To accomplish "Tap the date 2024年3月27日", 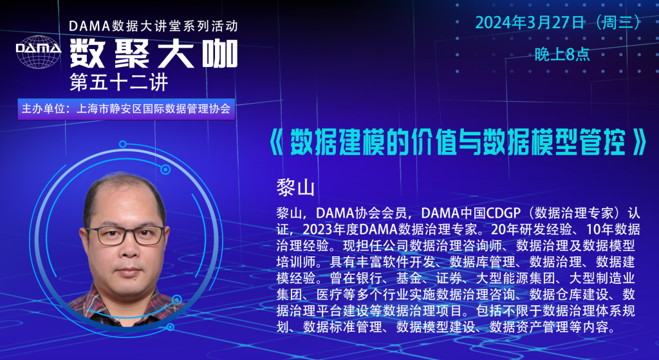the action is pos(530,23).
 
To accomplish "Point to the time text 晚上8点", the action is pos(562,54).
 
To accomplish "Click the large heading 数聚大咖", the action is pos(154,54).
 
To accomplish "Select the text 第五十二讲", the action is pos(119,82).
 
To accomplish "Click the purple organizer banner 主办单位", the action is pos(126,109).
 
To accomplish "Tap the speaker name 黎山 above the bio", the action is pos(295,187).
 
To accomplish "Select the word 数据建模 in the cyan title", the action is pos(339,142).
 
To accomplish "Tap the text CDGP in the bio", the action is pos(503,213).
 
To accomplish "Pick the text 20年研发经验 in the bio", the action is pos(530,229).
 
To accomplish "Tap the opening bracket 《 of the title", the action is pos(277,142).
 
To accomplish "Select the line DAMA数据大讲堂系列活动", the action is pos(153,26).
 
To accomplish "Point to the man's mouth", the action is pos(129,270).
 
